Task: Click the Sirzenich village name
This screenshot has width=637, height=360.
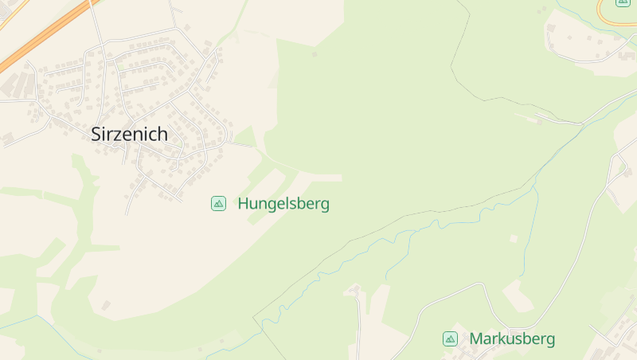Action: (129, 134)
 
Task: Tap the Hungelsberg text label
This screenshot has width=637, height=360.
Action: (283, 204)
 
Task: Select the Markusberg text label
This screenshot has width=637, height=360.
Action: (512, 338)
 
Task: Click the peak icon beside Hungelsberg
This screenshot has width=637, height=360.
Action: (218, 203)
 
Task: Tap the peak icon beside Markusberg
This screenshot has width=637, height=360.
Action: (450, 338)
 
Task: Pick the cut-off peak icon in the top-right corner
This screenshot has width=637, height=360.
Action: (623, 2)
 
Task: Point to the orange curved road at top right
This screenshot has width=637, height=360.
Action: (605, 16)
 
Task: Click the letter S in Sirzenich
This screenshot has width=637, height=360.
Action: (97, 134)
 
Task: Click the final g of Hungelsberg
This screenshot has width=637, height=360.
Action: (324, 205)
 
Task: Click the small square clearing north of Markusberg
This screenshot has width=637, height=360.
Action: (514, 238)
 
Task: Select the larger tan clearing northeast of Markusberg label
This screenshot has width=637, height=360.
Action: (518, 295)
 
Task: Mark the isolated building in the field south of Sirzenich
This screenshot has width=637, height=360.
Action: (105, 305)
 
